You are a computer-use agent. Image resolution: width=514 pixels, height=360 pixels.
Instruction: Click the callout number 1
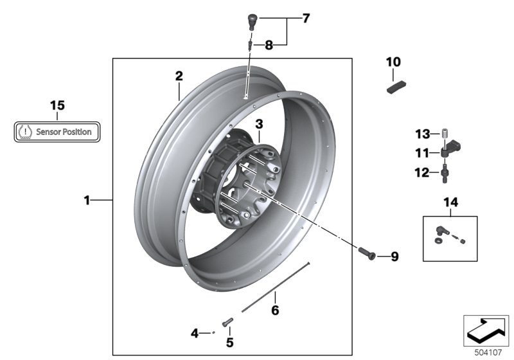pyautogui.click(x=87, y=201)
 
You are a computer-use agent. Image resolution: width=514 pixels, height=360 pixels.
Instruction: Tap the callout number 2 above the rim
pyautogui.click(x=179, y=76)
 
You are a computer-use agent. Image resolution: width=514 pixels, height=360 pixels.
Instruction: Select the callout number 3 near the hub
pyautogui.click(x=258, y=123)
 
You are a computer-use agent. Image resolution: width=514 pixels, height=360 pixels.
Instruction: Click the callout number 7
pyautogui.click(x=306, y=18)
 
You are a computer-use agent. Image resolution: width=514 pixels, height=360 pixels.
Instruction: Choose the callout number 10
pyautogui.click(x=393, y=62)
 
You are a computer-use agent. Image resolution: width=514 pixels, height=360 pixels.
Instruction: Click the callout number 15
pyautogui.click(x=57, y=105)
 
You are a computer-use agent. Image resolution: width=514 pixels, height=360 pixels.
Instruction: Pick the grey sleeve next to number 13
pyautogui.click(x=442, y=134)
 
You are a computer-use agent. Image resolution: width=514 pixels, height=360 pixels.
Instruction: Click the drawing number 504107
pyautogui.click(x=486, y=352)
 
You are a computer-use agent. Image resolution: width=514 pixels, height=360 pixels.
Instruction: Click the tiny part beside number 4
pyautogui.click(x=213, y=333)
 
